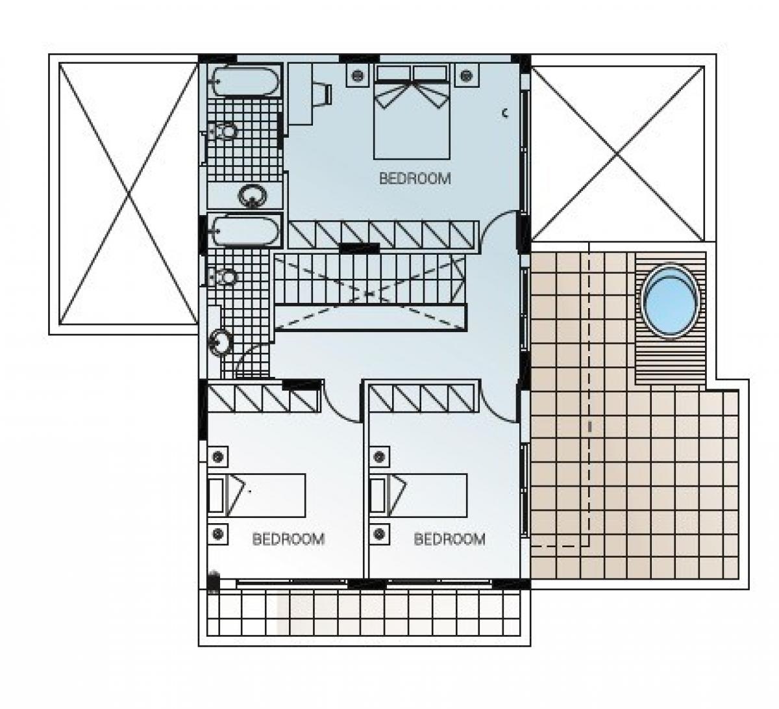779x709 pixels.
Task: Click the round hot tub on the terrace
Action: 671,301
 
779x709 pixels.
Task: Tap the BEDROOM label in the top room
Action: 415,179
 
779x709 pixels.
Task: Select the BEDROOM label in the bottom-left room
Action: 288,539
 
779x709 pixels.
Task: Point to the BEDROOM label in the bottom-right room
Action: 450,539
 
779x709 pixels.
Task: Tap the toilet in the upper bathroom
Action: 221,131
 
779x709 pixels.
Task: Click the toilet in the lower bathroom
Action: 221,277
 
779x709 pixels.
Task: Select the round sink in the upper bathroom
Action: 253,196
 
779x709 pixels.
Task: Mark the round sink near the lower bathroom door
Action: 221,342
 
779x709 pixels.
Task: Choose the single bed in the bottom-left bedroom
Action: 256,495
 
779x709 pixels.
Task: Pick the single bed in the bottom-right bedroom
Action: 418,495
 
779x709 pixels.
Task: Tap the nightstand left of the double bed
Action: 357,75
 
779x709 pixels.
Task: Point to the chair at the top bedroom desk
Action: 323,94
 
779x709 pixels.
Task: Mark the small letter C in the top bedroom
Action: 505,114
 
